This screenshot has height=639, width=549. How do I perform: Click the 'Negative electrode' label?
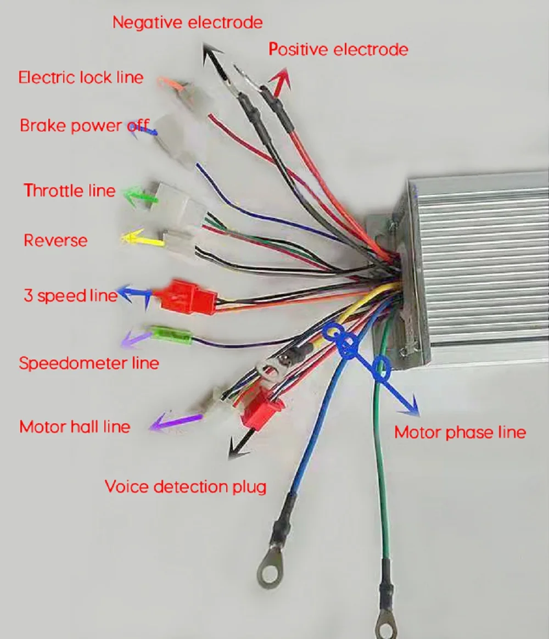[187, 23]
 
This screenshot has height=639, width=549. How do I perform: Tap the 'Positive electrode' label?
[338, 49]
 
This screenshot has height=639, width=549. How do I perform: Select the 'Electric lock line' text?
[81, 77]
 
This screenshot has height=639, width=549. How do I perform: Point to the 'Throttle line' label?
[70, 190]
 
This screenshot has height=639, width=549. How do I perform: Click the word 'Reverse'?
[55, 240]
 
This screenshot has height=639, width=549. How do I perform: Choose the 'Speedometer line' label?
[89, 363]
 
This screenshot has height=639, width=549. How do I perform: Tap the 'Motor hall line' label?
[75, 427]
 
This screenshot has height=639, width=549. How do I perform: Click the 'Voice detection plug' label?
[186, 486]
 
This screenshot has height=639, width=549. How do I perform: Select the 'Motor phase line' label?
[460, 433]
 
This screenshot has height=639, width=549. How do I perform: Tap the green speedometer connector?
[170, 334]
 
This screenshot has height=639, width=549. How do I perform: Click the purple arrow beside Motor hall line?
[175, 421]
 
